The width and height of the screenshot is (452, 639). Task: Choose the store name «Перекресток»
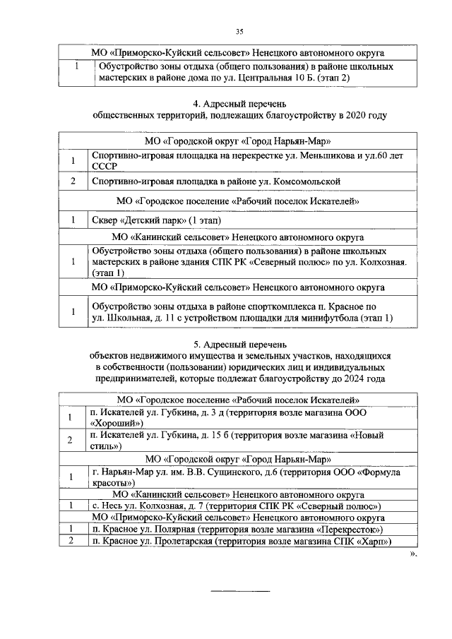tap(350, 529)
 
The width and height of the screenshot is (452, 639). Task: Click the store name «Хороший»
tap(112, 422)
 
